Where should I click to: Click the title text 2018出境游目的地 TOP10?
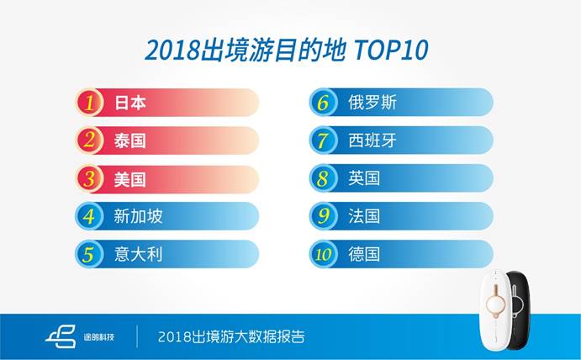(287, 50)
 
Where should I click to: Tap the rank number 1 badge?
(88, 103)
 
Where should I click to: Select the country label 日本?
(129, 103)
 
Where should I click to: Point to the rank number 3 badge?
(88, 178)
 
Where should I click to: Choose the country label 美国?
(129, 178)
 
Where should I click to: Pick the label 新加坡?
(137, 216)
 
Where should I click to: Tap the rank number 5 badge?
(88, 254)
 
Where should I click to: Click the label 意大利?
(137, 254)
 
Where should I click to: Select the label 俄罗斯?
(372, 103)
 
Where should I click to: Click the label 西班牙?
(372, 140)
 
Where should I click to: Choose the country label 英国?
(364, 178)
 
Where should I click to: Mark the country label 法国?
(364, 216)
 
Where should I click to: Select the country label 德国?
(364, 254)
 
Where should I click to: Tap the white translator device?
(495, 311)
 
